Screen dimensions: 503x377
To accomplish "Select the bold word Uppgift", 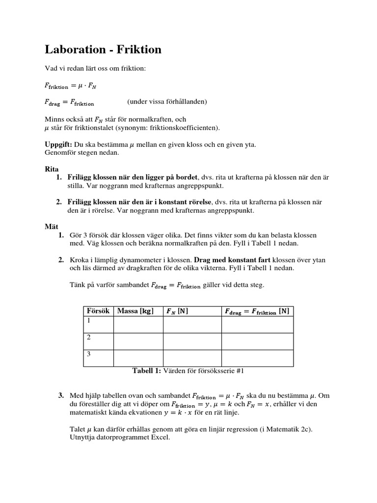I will click(58, 144).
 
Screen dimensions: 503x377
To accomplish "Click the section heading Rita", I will click(52, 168).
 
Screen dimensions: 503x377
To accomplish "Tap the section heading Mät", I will click(52, 226).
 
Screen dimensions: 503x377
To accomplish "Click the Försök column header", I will click(98, 311).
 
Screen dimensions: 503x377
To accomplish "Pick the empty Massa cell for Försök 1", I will click(138, 325).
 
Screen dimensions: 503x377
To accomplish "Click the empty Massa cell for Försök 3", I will click(138, 358).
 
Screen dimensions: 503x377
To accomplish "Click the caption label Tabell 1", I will click(147, 371).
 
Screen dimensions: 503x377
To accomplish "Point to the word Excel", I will click(159, 437).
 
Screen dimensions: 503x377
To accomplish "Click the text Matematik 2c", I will click(290, 429).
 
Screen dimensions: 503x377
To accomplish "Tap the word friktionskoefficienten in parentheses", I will click(184, 128).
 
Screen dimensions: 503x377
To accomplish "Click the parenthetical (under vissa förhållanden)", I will click(167, 102).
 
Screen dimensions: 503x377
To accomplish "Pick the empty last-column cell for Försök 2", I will click(257, 341).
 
